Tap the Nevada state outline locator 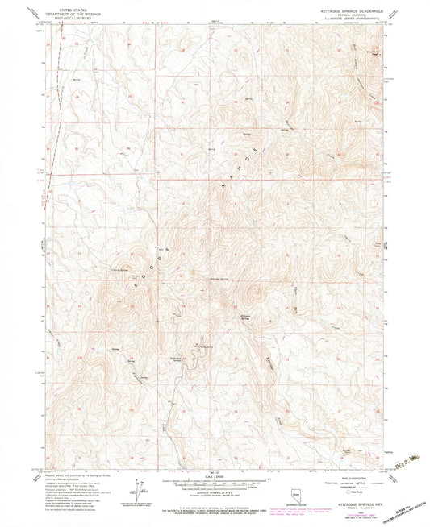(295, 488)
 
